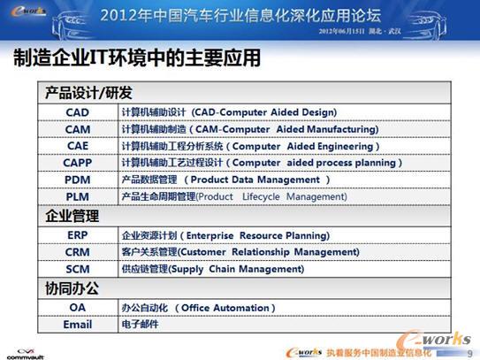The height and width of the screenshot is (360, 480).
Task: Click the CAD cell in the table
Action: click(x=78, y=112)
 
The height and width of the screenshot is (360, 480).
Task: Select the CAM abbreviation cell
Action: click(x=78, y=129)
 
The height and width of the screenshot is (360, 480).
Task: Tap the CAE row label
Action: click(x=78, y=146)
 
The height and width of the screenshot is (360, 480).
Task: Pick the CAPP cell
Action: click(x=78, y=163)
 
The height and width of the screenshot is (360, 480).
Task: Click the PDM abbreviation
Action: click(x=78, y=180)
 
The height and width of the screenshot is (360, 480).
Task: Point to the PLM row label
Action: click(x=78, y=196)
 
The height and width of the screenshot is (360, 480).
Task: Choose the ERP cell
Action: click(x=78, y=236)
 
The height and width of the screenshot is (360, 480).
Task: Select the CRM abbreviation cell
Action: click(x=78, y=252)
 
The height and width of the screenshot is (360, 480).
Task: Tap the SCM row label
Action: click(x=78, y=269)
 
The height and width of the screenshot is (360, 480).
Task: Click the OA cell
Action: click(x=78, y=308)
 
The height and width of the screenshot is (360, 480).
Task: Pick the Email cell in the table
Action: click(x=78, y=325)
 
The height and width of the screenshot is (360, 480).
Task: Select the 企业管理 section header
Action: click(x=72, y=216)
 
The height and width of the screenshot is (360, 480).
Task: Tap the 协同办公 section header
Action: click(x=72, y=288)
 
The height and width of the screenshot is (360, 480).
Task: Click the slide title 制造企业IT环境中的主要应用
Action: click(x=137, y=58)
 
